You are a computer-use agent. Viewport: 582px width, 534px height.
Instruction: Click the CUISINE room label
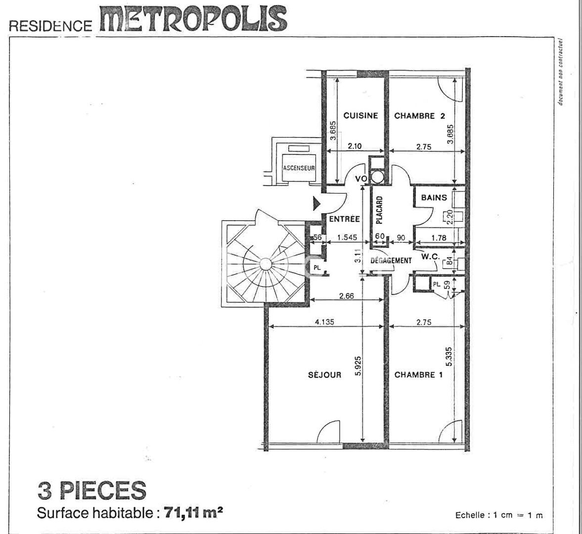coord(360,116)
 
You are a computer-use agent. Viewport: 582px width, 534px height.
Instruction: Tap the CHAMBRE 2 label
coord(419,116)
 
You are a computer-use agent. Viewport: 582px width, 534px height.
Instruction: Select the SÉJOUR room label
coord(325,375)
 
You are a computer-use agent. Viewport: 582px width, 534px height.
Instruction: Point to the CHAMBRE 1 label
coord(418,375)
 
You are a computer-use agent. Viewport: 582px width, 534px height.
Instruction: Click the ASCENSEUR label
coord(299,168)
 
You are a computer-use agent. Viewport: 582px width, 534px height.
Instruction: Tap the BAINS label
coord(434,197)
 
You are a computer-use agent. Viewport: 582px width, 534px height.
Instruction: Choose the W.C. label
coord(431,256)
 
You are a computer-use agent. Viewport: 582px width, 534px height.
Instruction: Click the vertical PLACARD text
coord(379,210)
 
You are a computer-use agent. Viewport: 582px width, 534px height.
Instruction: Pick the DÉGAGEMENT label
coord(391,260)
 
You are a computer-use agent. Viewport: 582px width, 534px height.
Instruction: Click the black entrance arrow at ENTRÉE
coord(316,203)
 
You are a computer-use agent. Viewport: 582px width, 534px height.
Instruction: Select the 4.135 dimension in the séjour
coord(324,322)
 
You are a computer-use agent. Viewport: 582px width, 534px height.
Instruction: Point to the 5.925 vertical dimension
coord(358,366)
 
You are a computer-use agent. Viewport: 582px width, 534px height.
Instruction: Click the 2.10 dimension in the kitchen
coord(355,146)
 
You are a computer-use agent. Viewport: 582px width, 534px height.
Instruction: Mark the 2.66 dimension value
coord(346,296)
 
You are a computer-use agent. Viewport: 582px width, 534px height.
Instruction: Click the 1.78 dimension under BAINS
coord(439,238)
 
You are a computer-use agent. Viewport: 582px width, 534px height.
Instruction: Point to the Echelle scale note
coord(499,515)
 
